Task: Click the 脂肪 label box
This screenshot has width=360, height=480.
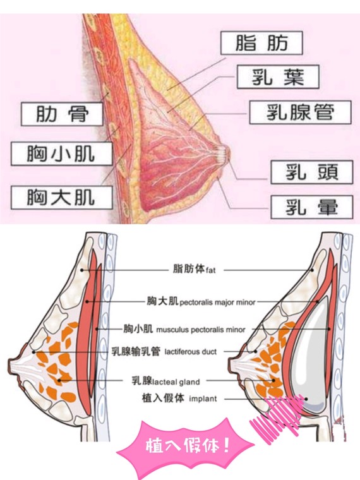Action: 261,43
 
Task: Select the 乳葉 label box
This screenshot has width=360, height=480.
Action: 278,77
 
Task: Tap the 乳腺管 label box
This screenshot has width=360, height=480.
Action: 300,112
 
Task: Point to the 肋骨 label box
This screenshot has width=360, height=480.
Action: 62,114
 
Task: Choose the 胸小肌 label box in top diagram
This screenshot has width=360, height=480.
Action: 62,153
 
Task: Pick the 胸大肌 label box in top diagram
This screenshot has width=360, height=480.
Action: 62,198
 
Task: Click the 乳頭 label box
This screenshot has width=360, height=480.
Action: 312,172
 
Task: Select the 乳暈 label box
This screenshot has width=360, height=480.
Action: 312,207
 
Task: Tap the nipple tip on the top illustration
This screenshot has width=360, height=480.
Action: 229,152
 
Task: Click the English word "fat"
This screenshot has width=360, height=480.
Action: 211,270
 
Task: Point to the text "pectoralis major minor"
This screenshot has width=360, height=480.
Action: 218,303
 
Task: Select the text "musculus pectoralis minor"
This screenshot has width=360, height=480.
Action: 201,330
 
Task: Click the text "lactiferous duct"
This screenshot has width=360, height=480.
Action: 190,351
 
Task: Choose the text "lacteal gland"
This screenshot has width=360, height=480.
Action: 176,382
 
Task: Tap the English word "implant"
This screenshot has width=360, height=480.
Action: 203,399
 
